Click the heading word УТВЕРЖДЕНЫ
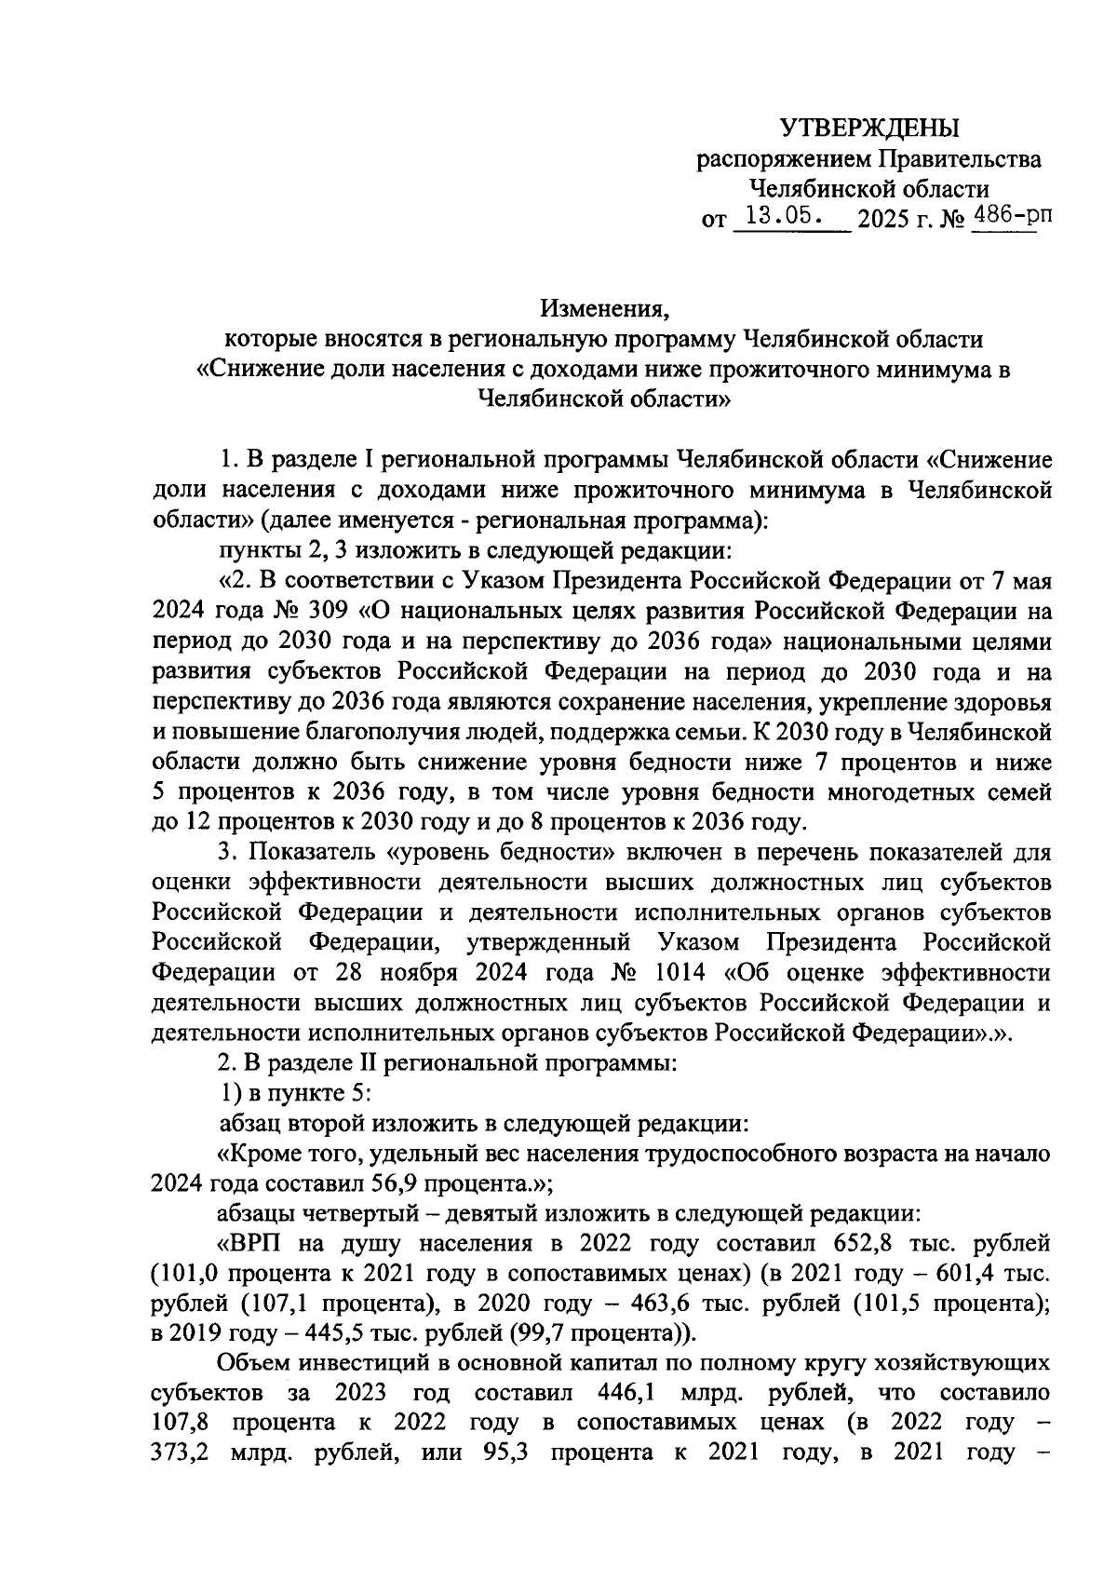(x=868, y=127)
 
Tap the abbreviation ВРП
(x=260, y=1243)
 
